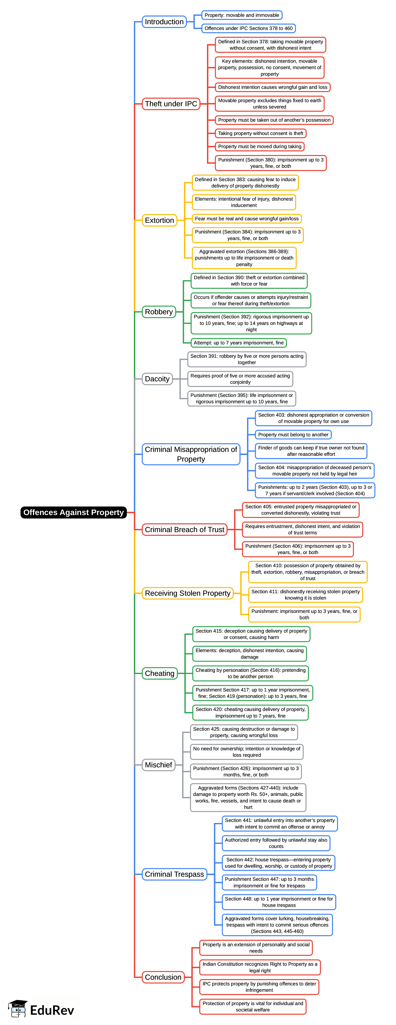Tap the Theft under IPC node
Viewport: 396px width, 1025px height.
click(x=171, y=104)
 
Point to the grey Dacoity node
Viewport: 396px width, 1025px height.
click(x=157, y=379)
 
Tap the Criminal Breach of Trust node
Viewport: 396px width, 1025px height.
click(x=185, y=530)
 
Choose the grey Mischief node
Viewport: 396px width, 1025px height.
click(x=158, y=765)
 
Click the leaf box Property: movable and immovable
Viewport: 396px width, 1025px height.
click(x=242, y=15)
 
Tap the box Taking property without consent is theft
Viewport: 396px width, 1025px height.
click(x=261, y=133)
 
